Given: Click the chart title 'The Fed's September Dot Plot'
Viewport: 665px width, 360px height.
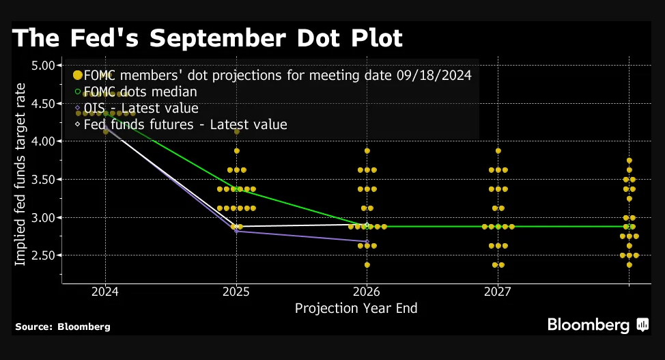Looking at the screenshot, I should (x=208, y=38).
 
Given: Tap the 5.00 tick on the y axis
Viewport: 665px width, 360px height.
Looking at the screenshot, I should (x=46, y=66).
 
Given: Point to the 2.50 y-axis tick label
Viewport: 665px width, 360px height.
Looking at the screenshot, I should (x=46, y=255).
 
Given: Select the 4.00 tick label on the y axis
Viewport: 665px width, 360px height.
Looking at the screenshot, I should (x=46, y=141).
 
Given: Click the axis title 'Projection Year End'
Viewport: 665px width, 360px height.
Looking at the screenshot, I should (x=356, y=308).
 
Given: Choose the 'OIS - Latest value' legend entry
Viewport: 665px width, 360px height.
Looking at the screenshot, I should (x=141, y=108).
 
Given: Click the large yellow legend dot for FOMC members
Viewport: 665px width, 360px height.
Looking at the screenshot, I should (x=77, y=75).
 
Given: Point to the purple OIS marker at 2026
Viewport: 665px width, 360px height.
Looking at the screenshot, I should (x=367, y=241).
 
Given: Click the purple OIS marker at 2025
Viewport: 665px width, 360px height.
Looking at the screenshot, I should (x=236, y=231).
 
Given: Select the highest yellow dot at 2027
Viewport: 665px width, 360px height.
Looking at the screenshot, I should (x=498, y=151).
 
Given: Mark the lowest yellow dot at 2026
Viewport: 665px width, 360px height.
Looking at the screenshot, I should (x=367, y=265).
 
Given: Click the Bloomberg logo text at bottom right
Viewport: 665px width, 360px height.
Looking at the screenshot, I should (x=588, y=325).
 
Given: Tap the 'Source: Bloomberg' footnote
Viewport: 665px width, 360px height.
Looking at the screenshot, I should (x=63, y=327).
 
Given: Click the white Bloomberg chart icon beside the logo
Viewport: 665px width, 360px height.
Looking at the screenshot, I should (x=642, y=325).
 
